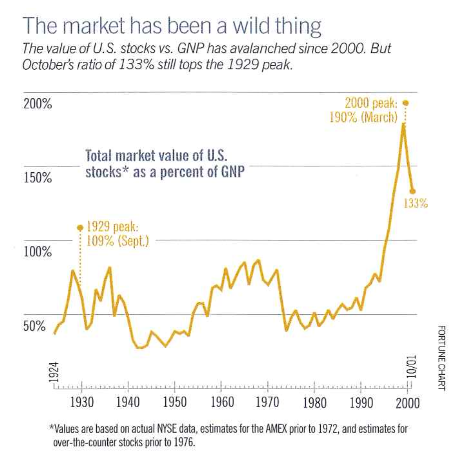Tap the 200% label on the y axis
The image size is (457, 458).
tap(38, 105)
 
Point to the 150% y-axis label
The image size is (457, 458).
tap(38, 179)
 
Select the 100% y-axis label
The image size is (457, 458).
tap(38, 252)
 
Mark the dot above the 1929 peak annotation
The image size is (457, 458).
tap(80, 228)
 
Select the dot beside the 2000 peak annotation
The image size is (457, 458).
tap(406, 103)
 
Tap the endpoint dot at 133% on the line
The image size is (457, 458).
tap(413, 191)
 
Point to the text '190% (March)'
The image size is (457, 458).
tap(364, 118)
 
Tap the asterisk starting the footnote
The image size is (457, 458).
tap(51, 428)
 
